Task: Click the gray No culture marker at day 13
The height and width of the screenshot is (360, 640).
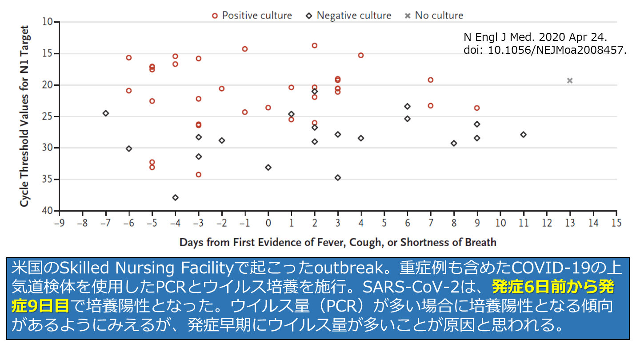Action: [570, 80]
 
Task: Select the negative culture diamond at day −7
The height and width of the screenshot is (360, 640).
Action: [106, 113]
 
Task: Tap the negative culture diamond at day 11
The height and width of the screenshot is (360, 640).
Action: [524, 134]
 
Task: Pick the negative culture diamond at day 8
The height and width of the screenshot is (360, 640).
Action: [454, 143]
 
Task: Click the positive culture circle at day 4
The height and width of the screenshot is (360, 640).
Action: [361, 56]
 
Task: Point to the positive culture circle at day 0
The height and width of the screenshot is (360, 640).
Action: [268, 108]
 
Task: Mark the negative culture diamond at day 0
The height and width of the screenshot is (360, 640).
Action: [268, 168]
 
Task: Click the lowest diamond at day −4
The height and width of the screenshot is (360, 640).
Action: [176, 197]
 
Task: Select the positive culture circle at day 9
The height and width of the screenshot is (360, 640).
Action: [477, 108]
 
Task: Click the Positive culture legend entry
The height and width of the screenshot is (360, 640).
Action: [252, 16]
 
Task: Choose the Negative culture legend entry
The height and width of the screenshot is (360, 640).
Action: [349, 16]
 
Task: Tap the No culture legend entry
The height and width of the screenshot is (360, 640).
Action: [434, 16]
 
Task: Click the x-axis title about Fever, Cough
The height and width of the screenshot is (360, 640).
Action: [338, 243]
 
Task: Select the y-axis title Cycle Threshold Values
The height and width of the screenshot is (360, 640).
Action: [25, 116]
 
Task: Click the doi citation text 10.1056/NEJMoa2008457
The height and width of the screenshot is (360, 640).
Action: [544, 50]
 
